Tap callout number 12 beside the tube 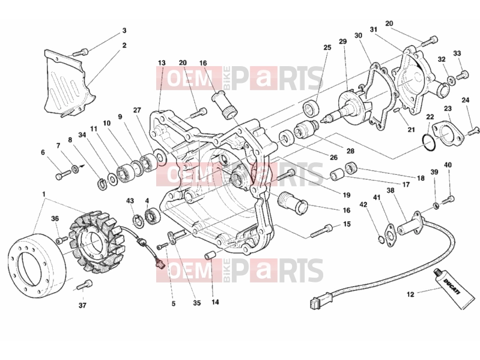[x=410, y=294]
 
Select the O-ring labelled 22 [x=428, y=142]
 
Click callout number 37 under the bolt [x=82, y=305]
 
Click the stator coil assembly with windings [x=96, y=241]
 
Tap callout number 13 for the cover [x=162, y=63]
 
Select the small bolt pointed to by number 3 [x=81, y=52]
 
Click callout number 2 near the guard [x=124, y=45]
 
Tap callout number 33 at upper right [x=457, y=53]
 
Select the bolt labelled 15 [x=321, y=231]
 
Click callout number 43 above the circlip [x=130, y=201]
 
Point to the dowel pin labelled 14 [x=209, y=255]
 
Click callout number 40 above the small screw [x=448, y=165]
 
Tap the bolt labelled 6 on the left [x=63, y=175]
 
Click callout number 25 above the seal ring [x=327, y=47]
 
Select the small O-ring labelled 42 [x=380, y=240]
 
